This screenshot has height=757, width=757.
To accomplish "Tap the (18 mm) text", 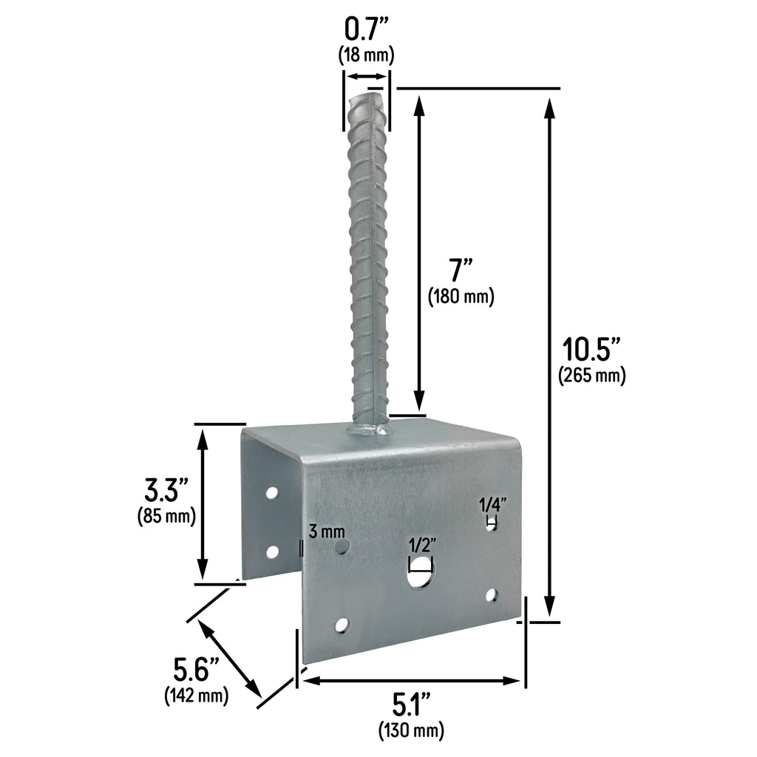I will click(x=366, y=55).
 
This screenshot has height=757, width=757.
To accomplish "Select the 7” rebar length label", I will click(x=460, y=269).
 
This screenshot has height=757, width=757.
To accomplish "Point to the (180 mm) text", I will click(x=461, y=296).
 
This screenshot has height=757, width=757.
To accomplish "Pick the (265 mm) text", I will click(x=591, y=376).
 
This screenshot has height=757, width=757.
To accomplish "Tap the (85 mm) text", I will click(x=166, y=516).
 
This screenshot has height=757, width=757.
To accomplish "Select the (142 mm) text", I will click(x=195, y=696).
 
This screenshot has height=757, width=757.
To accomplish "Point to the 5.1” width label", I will click(x=412, y=705).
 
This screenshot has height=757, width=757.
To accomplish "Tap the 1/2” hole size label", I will click(x=422, y=545).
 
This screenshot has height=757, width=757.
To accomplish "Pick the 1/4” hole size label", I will click(x=492, y=506).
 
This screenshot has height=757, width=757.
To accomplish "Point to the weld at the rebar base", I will click(x=368, y=428).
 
